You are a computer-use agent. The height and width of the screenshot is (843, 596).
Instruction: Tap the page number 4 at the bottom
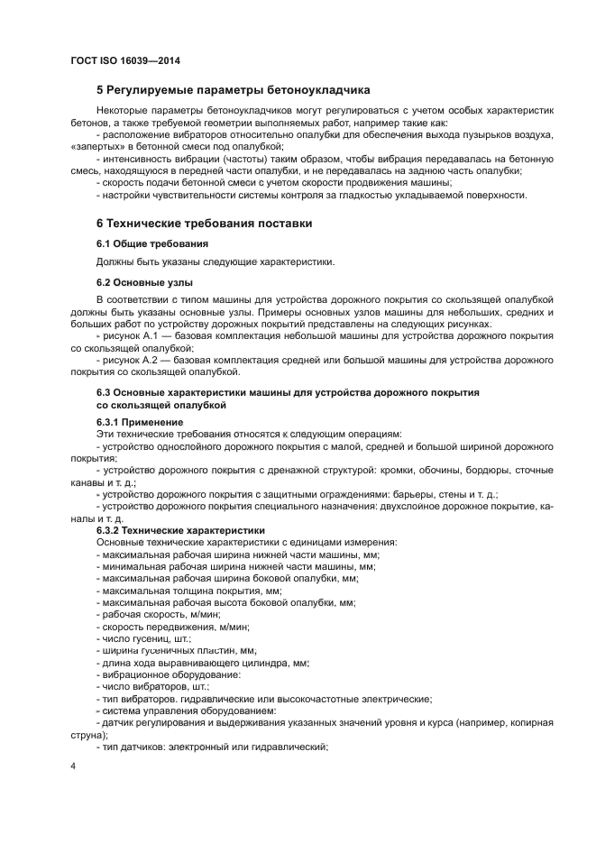point(73,765)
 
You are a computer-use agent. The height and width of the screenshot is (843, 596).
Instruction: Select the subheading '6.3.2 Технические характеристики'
point(180,531)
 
